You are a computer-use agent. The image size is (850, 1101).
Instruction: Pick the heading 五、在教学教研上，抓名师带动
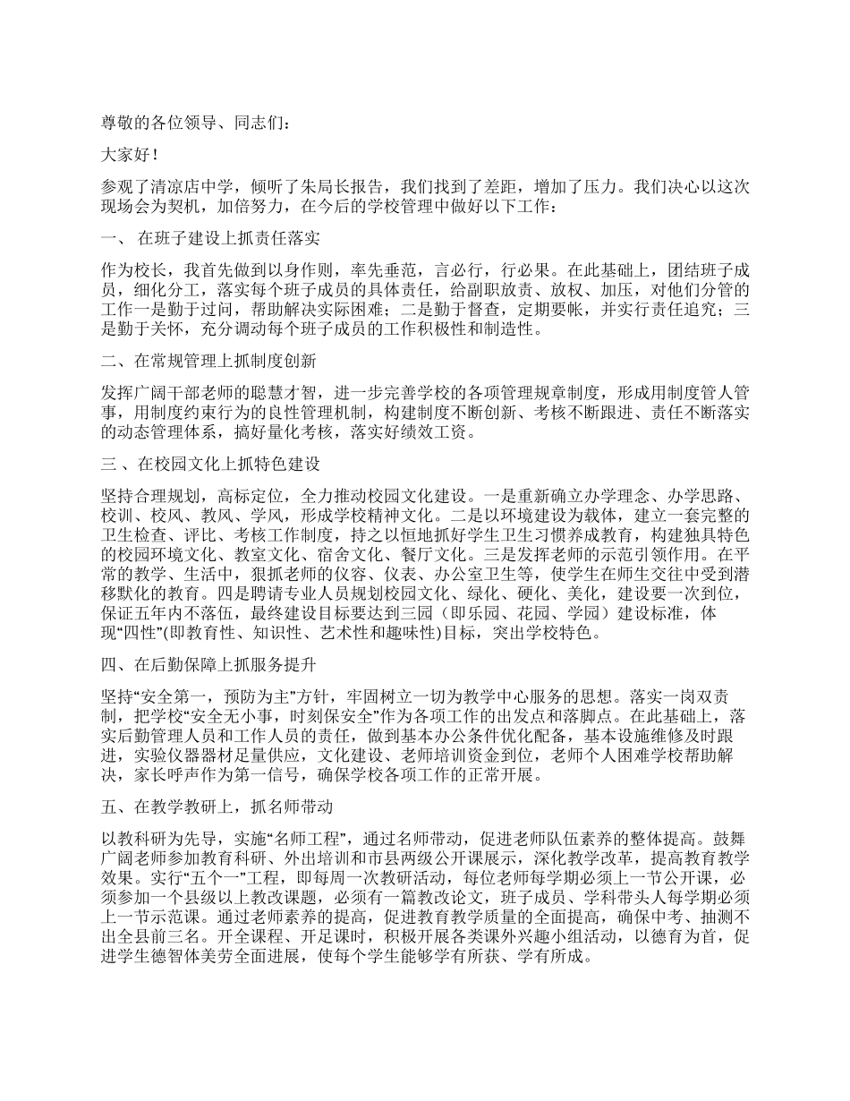pyautogui.click(x=217, y=807)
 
